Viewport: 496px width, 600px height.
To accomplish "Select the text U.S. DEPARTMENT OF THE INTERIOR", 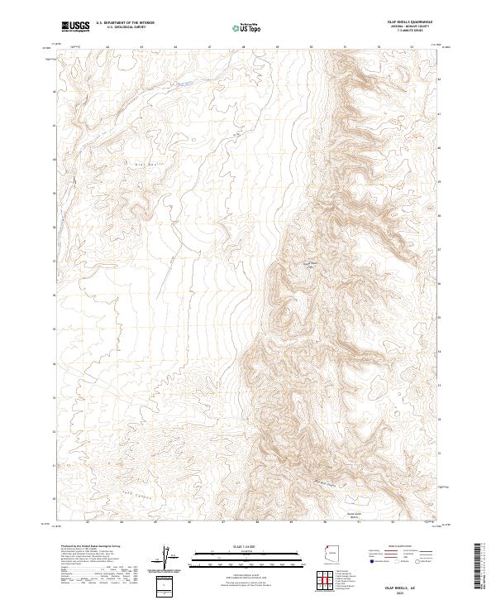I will [125, 23].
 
